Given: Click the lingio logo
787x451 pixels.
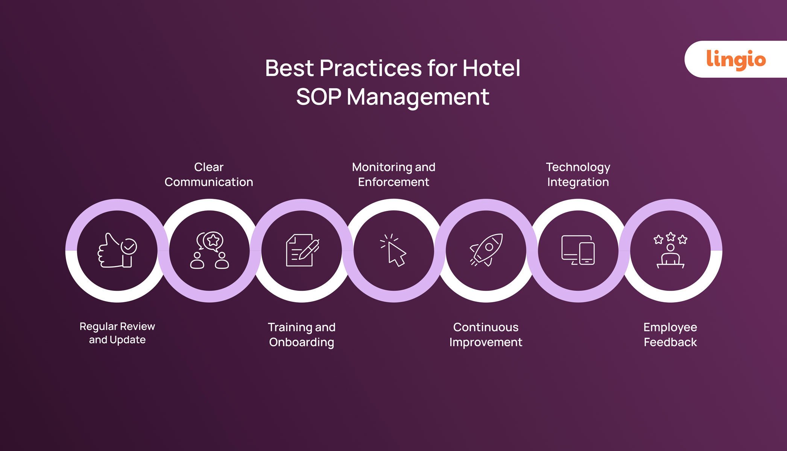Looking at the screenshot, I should coord(736,59).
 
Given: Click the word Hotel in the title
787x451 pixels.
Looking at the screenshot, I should coord(491,68).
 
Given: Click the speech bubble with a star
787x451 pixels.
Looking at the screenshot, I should coord(213,241).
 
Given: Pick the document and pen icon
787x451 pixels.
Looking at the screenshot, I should coord(302,250).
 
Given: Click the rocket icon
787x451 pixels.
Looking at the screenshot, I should coord(486,250).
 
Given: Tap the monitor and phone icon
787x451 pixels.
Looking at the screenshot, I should coord(578,250).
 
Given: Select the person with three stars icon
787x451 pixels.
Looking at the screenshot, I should coord(670,250).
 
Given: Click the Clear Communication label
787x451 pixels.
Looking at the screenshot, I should coord(209,174).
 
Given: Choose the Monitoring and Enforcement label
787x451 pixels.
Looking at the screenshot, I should coord(393,174).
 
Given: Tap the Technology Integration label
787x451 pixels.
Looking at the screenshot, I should coord(578,174).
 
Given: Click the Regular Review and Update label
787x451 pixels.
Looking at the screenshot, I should coord(117,333).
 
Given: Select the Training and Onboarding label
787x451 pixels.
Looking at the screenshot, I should coord(302,334).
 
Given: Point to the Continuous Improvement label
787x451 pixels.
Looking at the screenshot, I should coord(486,334).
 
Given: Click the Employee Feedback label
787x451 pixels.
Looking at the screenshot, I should coord(670,334).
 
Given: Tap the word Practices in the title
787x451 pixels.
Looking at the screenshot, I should coord(371,68).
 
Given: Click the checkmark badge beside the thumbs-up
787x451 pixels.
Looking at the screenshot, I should coord(129,247).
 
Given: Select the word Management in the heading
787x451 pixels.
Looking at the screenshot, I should coord(418,97).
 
